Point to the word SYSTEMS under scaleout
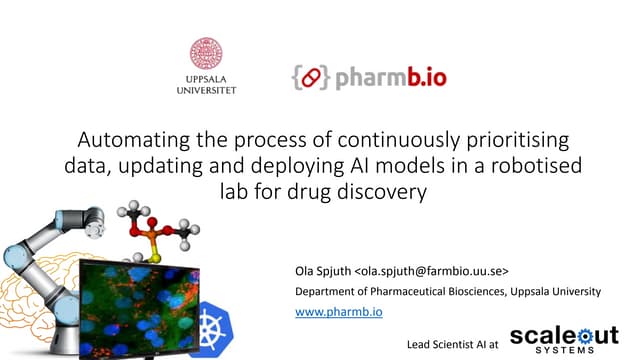click(x=566, y=351)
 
